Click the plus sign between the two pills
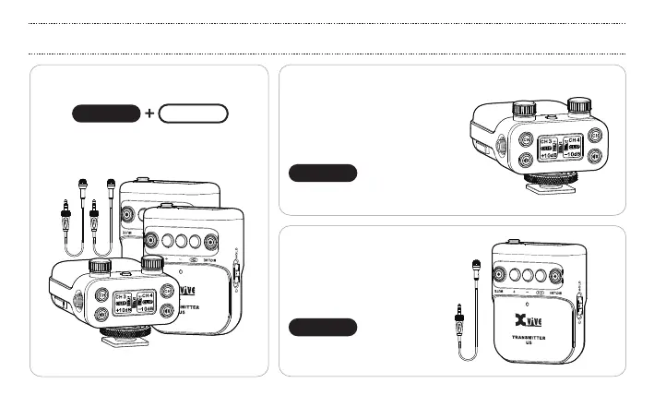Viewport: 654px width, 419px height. (149, 114)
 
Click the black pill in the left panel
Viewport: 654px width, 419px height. (106, 114)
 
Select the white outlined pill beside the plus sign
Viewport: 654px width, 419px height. (193, 114)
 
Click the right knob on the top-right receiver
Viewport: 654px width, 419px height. (579, 104)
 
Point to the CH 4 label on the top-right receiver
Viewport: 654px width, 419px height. (573, 141)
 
